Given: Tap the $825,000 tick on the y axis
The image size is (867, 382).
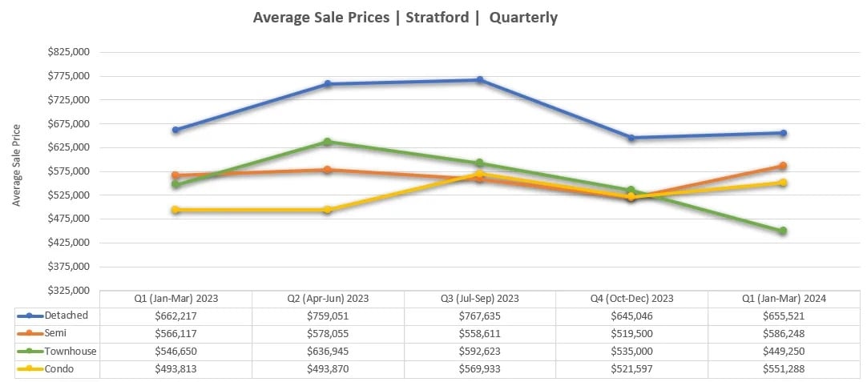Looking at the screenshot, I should [70, 52].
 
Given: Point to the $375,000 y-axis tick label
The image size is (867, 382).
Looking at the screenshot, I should [70, 266].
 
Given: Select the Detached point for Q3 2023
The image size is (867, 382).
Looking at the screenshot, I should [479, 80].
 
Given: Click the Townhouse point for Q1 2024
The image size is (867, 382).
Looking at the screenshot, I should [783, 231].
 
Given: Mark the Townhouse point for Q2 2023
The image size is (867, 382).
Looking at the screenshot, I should [327, 142].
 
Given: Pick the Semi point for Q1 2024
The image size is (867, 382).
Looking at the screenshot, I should [783, 166].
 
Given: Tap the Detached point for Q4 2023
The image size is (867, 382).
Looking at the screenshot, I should [631, 138].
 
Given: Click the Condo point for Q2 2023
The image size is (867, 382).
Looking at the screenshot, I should [327, 210].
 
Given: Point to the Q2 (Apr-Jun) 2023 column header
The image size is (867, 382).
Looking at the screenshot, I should [328, 299].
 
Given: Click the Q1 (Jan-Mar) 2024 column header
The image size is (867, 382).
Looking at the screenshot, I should [783, 299].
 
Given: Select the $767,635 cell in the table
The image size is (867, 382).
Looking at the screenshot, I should [479, 316].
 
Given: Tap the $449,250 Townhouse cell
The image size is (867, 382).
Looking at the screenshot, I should [783, 351].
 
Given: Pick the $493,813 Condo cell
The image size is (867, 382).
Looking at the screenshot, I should [175, 368].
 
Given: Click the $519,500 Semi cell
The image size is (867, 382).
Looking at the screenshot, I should [631, 333].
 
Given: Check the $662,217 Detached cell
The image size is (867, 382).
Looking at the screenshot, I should [175, 316].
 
